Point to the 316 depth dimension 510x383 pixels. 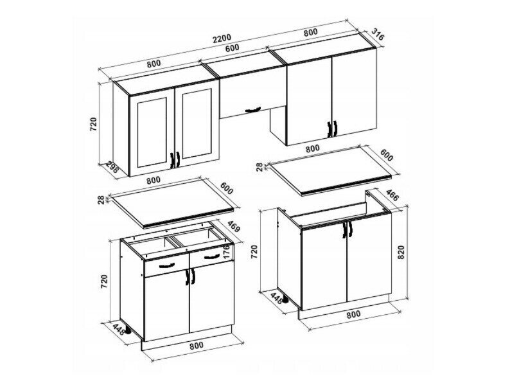[x=378, y=35]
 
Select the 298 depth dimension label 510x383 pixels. [x=112, y=168]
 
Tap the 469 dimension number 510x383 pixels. [x=234, y=226]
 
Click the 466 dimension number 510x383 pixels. [x=392, y=195]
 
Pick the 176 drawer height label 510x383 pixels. [x=227, y=251]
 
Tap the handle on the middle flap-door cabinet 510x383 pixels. [x=252, y=109]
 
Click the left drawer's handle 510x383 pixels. [x=168, y=265]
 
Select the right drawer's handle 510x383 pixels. [x=213, y=256]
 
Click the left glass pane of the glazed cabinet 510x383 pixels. [x=152, y=132]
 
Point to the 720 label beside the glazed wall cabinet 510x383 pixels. [x=93, y=124]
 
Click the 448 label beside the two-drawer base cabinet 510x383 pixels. [x=118, y=328]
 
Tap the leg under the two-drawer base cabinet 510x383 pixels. [x=129, y=331]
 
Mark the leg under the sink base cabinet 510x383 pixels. [x=285, y=299]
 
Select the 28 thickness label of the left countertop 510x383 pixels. [x=100, y=199]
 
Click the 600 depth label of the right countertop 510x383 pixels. [x=387, y=156]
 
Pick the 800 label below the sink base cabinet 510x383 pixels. [x=353, y=314]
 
